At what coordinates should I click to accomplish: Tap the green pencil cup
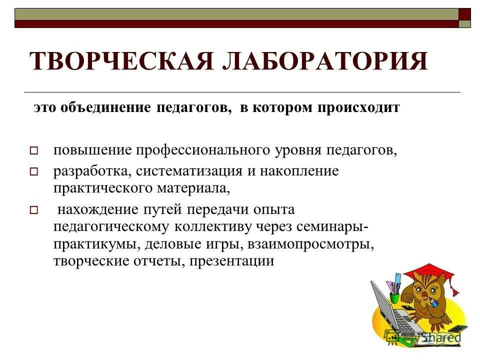point(394,298)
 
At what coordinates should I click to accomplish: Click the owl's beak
point(426,300)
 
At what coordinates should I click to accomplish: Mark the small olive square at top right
point(465,23)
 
